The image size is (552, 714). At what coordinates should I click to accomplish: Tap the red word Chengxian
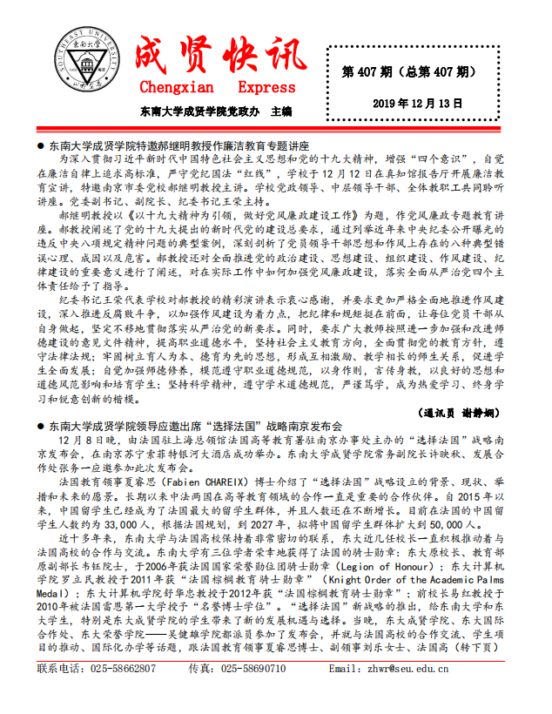point(176,87)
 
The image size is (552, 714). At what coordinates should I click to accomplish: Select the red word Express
point(266,87)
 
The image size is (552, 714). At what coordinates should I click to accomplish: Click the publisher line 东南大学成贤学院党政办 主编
point(216,112)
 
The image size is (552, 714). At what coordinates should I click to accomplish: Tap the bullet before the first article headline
point(41,146)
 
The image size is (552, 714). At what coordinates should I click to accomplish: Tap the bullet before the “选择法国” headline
point(41,427)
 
